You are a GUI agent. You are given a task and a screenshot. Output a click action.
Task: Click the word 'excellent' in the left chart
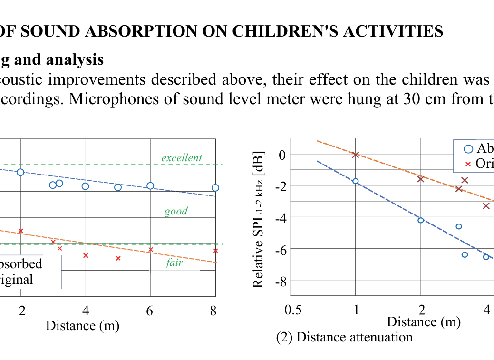point(182,158)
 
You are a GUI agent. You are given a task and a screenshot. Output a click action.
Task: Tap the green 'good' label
point(176,211)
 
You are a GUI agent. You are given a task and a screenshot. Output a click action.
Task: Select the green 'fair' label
point(174,263)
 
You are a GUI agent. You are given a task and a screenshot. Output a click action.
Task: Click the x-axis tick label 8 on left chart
point(213,311)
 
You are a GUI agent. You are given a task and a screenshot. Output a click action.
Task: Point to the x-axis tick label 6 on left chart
point(149,311)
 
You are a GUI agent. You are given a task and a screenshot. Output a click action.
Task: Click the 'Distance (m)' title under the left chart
point(82,326)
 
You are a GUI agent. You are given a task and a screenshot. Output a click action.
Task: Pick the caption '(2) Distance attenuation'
point(344,337)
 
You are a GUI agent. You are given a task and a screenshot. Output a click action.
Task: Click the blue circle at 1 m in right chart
point(355,181)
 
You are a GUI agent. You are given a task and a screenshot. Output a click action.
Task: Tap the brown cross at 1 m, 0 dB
point(355,154)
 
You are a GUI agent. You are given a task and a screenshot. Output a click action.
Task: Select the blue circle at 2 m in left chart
point(20,172)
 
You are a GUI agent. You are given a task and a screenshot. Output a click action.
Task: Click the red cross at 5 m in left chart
point(118,258)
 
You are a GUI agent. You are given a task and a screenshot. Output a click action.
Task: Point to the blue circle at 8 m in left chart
point(215,188)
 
